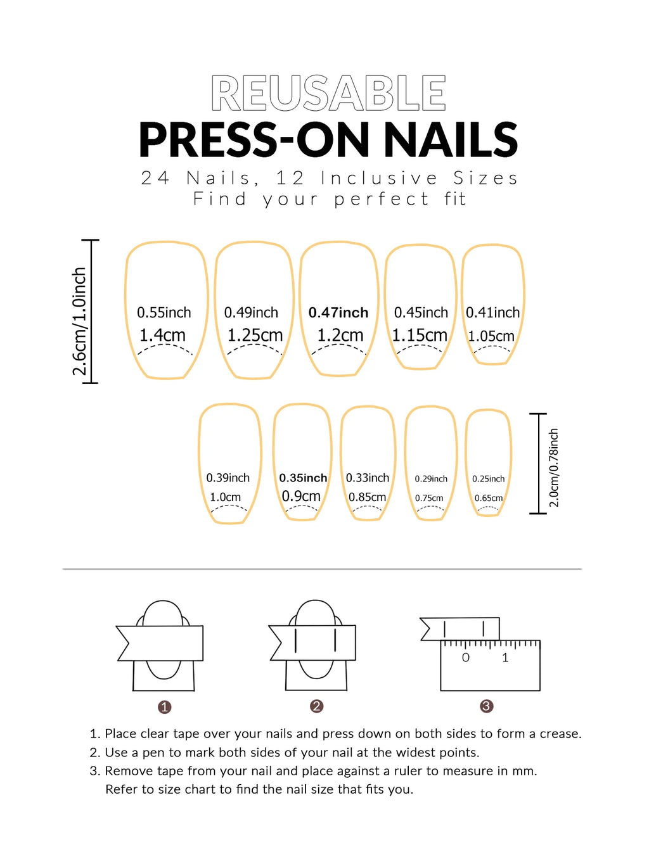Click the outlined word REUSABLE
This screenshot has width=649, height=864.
point(328,94)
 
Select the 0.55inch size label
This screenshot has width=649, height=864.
point(164,312)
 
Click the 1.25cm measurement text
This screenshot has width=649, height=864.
point(255,335)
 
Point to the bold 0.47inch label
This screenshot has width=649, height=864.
point(338,312)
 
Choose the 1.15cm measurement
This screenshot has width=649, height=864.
point(420,335)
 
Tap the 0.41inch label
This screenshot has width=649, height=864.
point(492,312)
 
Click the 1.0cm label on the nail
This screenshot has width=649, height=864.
point(225,497)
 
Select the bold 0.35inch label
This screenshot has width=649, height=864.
point(303,478)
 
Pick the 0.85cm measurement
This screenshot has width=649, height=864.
point(367,497)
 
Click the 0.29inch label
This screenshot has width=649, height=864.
point(431,479)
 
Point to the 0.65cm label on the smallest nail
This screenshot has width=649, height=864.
point(489,498)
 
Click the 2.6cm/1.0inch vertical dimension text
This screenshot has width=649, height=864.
point(79,321)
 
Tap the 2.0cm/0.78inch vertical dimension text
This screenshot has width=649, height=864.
point(554,467)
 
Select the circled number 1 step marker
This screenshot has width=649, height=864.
point(164,707)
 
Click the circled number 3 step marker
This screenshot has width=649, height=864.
point(486,706)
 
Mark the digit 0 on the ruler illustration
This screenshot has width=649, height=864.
point(466,658)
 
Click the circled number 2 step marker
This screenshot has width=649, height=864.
point(317,706)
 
